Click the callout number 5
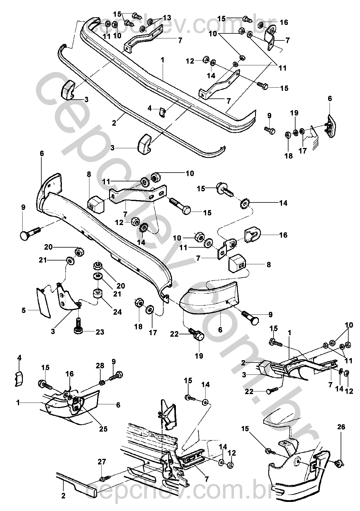tap(24, 310)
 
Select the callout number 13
tap(167, 18)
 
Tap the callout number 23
tap(100, 332)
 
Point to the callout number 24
tap(117, 312)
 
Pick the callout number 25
tap(103, 429)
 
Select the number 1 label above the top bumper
tap(162, 60)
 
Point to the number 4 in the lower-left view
tap(19, 358)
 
